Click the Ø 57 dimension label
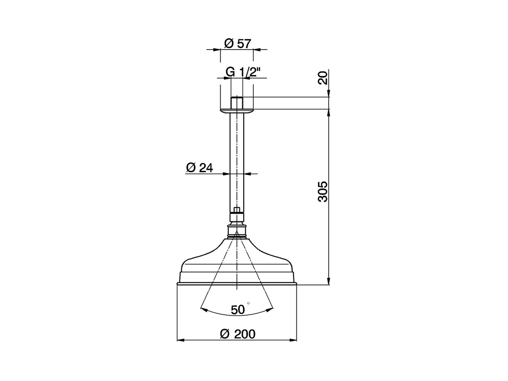click(237, 43)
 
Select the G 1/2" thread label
click(242, 72)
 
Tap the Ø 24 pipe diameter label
click(199, 168)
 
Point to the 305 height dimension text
click(323, 192)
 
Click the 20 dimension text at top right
click(323, 78)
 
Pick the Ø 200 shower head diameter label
click(237, 334)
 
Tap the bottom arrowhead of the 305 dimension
click(329, 281)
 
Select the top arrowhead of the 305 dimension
click(329, 113)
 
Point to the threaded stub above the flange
click(237, 102)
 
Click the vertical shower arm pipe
click(237, 159)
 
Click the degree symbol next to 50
click(249, 304)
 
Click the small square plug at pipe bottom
click(237, 210)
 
